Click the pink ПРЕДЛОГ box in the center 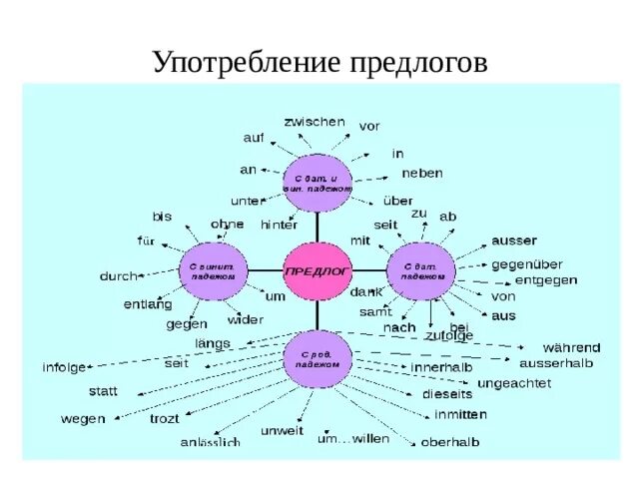319,271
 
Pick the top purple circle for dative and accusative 318,184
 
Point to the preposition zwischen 315,121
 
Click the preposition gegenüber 527,264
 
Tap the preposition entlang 148,303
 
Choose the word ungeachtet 513,382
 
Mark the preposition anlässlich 210,441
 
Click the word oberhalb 450,441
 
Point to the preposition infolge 64,367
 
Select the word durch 120,274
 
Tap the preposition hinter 279,225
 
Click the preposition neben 421,173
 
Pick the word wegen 82,419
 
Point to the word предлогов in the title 418,63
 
